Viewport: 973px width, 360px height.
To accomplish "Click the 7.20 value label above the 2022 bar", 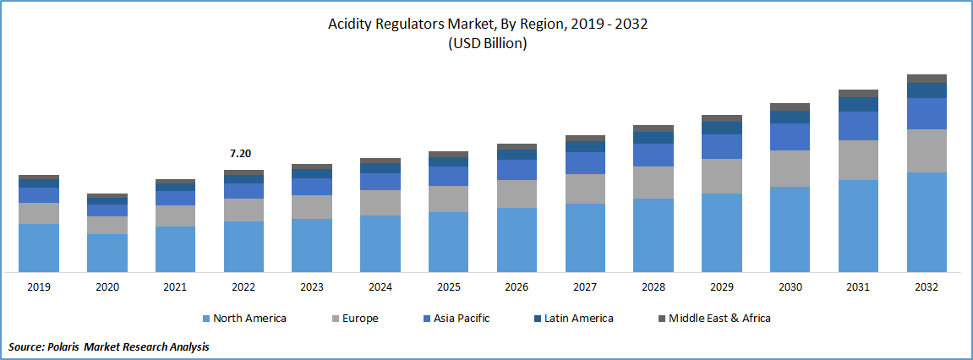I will [240, 154].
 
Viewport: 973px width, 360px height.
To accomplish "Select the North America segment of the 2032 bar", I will [927, 221].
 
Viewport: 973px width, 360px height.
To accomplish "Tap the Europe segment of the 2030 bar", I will [790, 168].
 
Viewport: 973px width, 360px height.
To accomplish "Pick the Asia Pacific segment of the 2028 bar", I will [653, 155].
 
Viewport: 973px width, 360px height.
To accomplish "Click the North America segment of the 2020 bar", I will [107, 253].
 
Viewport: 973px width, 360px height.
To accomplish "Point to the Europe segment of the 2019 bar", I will [39, 213].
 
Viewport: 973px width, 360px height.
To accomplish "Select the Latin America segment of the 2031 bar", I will [858, 104].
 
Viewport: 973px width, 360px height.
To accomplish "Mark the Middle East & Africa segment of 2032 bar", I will [927, 79].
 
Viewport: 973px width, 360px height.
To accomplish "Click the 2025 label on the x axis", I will [449, 287].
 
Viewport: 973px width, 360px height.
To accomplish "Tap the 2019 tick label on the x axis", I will [39, 287].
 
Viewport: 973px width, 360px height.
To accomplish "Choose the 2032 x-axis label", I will [927, 287].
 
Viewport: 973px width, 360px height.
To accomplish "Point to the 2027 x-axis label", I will [585, 287].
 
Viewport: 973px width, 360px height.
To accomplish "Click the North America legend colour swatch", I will [206, 319].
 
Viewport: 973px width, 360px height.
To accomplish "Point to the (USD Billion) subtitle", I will [487, 44].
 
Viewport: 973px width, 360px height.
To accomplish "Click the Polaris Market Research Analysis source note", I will [109, 346].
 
